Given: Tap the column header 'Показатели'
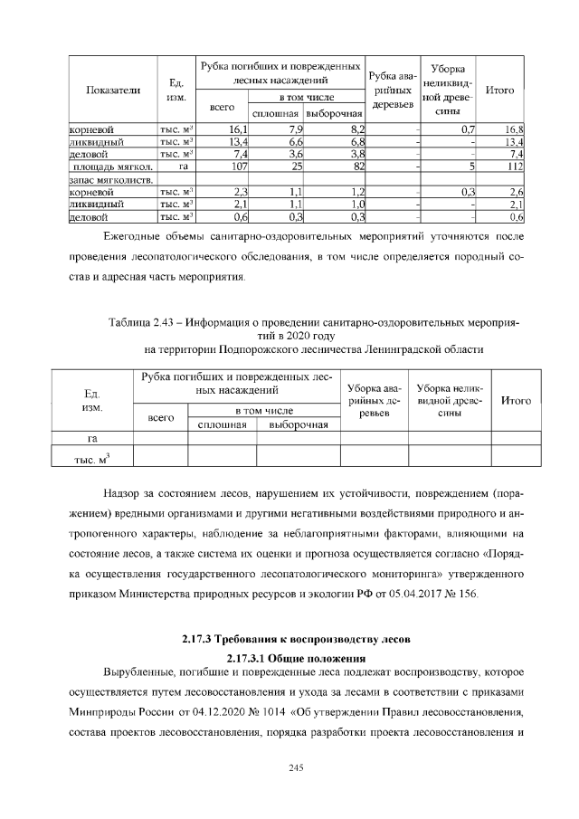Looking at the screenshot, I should click(x=113, y=90).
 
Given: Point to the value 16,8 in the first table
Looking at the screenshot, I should click(x=515, y=130).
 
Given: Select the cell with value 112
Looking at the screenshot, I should click(x=516, y=167).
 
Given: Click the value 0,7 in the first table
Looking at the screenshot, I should click(x=468, y=130).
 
